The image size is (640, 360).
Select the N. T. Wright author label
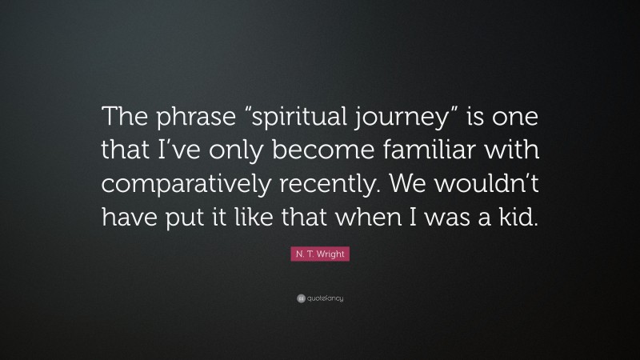[x=320, y=254]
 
